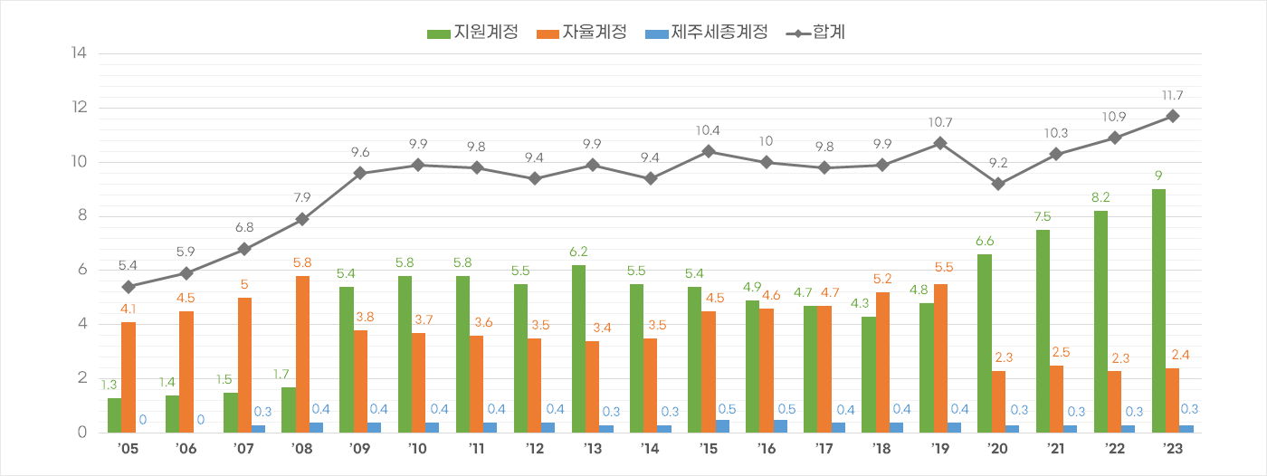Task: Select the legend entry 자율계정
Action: click(582, 33)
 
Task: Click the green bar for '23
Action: click(1158, 310)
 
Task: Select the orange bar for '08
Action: click(302, 354)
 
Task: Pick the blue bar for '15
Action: click(723, 426)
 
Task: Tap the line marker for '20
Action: click(998, 184)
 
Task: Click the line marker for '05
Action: click(129, 287)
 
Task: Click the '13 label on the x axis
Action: click(593, 450)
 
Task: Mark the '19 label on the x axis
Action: click(940, 450)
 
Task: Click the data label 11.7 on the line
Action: click(1172, 96)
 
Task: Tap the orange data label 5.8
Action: click(302, 263)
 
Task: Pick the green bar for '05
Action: click(114, 415)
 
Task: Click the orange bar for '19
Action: click(940, 358)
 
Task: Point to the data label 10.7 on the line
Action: click(940, 123)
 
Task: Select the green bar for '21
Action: click(1043, 331)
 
